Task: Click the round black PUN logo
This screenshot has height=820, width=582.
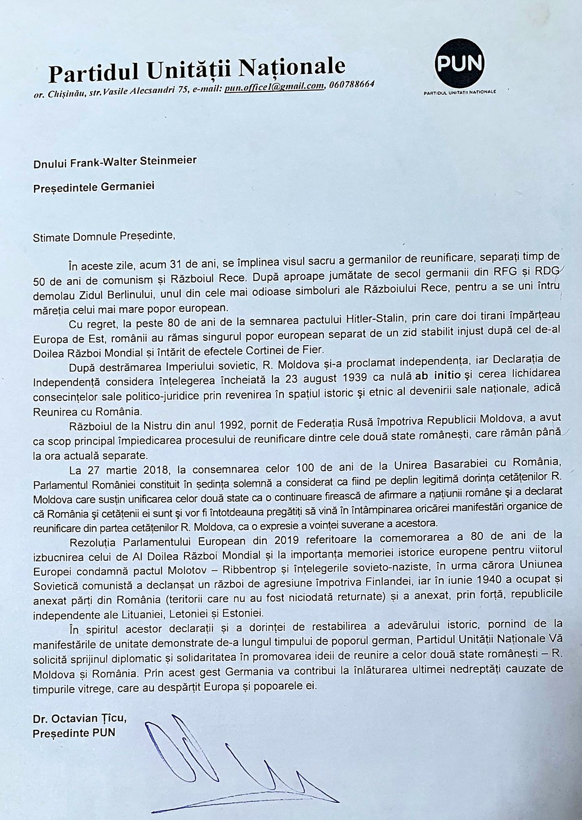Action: click(459, 63)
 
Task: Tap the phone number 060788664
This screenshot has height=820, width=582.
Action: click(352, 85)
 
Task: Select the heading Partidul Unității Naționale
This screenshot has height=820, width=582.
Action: click(197, 70)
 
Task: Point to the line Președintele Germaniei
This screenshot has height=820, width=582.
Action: click(94, 187)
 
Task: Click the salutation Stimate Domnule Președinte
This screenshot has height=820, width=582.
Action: click(104, 236)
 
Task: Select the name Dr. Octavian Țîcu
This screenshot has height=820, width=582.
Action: click(80, 719)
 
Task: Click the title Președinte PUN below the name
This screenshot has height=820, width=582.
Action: click(74, 733)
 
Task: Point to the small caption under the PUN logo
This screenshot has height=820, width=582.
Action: click(460, 92)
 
